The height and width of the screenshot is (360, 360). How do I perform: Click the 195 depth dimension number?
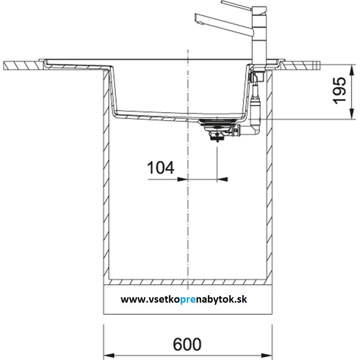click(x=340, y=90)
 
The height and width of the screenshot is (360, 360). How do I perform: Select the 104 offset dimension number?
click(x=160, y=168)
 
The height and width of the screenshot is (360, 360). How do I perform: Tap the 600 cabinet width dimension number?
click(x=187, y=345)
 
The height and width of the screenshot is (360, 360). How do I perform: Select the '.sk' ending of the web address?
click(x=242, y=299)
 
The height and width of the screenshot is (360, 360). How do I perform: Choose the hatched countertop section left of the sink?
click(x=23, y=65)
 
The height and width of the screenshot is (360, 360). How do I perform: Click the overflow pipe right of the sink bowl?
click(x=255, y=105)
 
